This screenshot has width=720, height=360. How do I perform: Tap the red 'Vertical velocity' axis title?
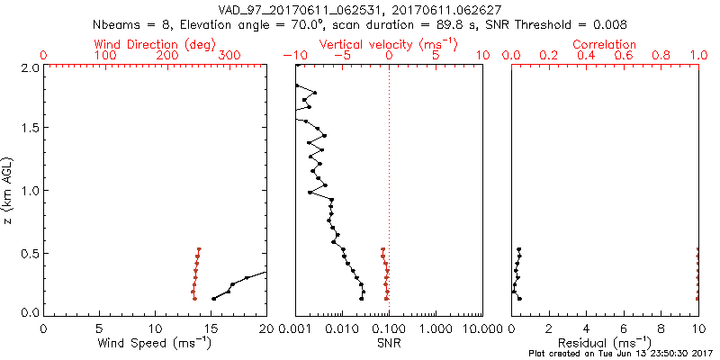(x=389, y=44)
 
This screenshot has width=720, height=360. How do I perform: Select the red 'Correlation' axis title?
(x=605, y=44)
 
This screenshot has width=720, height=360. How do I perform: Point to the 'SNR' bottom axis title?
(x=389, y=342)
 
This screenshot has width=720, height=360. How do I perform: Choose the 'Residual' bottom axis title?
(x=605, y=342)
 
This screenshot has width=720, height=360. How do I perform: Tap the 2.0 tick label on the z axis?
(x=29, y=67)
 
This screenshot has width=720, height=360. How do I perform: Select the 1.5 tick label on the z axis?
(x=29, y=129)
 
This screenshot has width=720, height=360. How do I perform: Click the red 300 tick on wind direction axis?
(x=229, y=56)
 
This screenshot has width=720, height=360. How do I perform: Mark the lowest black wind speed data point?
(x=213, y=299)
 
